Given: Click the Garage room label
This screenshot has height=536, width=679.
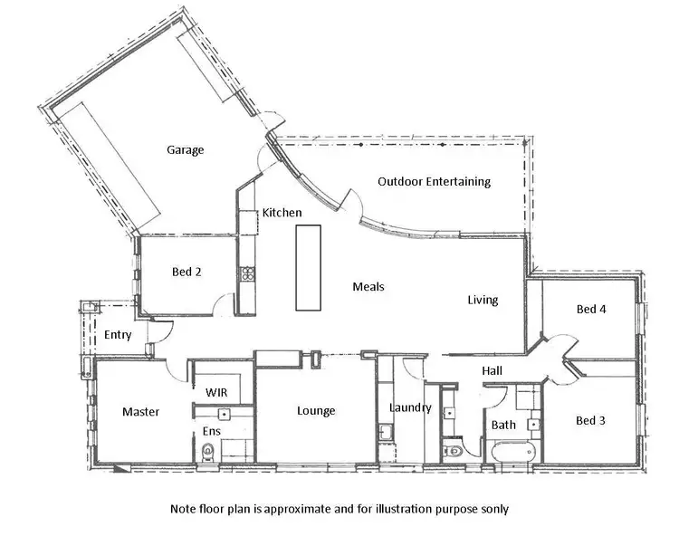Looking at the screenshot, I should pos(185,150).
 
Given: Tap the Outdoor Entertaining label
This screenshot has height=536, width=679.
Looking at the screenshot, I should pos(434,181).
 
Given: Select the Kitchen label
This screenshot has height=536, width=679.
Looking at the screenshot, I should pos(282,213).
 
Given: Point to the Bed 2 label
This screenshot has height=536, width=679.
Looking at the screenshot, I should pos(186,272).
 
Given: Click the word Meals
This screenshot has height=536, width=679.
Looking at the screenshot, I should pos(368,287).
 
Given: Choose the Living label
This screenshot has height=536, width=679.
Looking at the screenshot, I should pos(483,300).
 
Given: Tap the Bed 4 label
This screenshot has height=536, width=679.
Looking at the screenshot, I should pos(591,310).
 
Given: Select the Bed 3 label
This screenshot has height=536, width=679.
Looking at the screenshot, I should pos(591,421).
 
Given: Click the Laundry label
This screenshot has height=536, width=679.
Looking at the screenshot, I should pos(410,407).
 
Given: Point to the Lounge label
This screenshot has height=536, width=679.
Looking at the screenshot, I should pos(316,411).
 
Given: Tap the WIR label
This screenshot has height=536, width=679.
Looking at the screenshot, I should pos(216,393).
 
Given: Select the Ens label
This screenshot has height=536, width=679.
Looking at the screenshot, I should pos(211,432).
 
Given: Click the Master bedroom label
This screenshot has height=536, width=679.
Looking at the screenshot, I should pos(140,412).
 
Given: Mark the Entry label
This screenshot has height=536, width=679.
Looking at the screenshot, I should pos(118,335).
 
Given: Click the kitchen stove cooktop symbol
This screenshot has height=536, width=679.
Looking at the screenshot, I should pos(246,273).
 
